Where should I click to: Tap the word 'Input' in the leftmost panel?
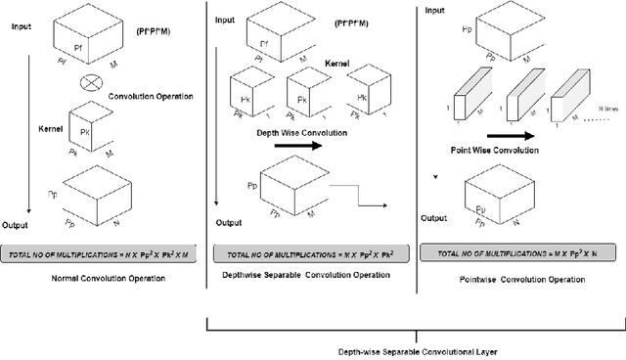(19, 28)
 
